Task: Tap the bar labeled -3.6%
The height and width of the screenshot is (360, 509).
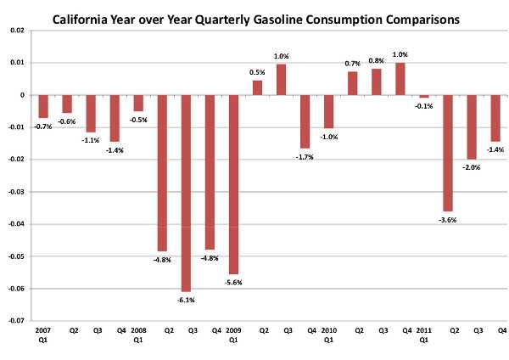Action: point(448,153)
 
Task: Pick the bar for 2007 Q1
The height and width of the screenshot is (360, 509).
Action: point(42,106)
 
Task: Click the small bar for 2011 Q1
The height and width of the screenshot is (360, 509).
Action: point(424,97)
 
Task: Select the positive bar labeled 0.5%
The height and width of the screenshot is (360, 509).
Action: point(257,87)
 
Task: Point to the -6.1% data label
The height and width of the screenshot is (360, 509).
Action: point(185,298)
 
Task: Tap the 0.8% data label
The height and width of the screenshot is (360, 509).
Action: point(376,61)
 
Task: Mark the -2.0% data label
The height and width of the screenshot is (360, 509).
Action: point(472,167)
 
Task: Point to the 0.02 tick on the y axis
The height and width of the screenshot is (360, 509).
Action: point(17,31)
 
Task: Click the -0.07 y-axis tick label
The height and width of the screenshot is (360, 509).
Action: point(16,322)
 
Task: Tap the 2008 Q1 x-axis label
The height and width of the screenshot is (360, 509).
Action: point(137,332)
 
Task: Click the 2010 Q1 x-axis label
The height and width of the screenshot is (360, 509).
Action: point(328,332)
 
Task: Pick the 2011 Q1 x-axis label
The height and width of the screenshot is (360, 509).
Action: point(424,332)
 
